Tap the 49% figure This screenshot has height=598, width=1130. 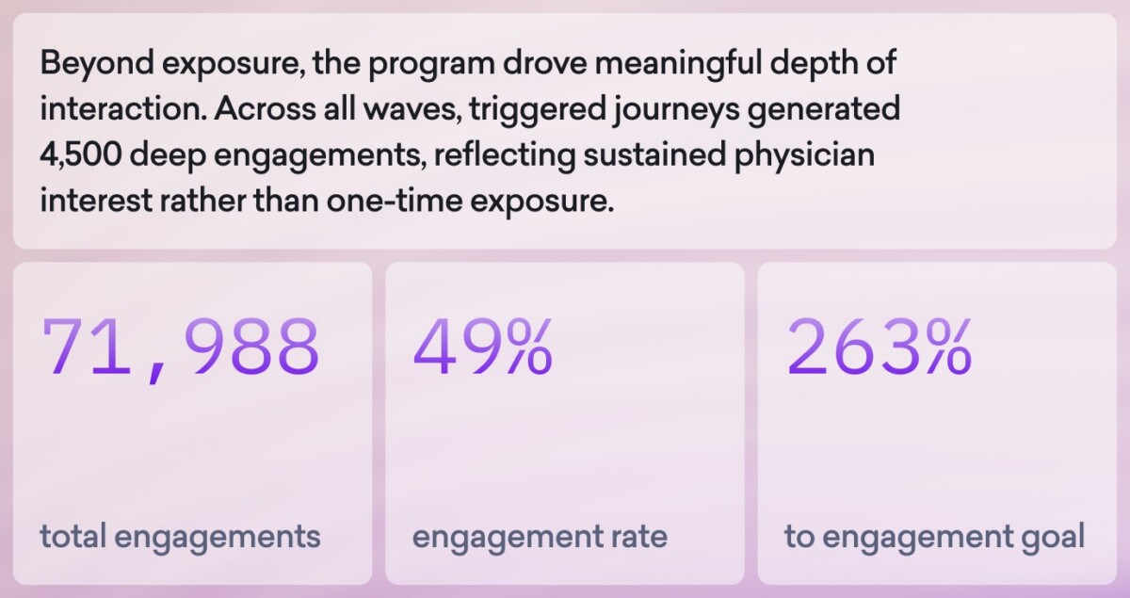click(x=482, y=346)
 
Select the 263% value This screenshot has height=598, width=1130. click(x=878, y=346)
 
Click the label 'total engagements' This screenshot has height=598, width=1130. click(x=181, y=537)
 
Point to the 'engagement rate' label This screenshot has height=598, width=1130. click(x=540, y=537)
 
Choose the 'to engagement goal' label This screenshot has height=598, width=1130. click(x=934, y=537)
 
